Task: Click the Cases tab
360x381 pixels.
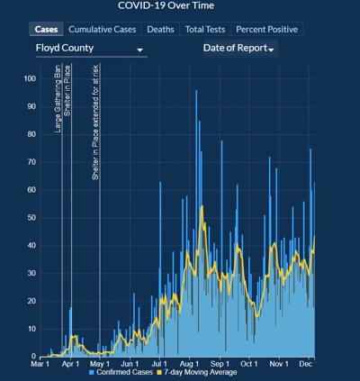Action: (45, 29)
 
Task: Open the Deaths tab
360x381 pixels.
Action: (160, 29)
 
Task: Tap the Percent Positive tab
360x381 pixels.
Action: (266, 29)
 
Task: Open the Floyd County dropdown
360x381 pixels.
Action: (89, 48)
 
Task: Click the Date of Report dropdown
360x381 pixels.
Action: (239, 48)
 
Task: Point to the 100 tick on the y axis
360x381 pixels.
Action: (29, 79)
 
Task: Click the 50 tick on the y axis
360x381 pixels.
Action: (31, 218)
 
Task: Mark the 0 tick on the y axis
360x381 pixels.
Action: (32, 357)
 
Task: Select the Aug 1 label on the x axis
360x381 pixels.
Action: (190, 364)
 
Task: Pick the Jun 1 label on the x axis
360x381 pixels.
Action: (130, 364)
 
